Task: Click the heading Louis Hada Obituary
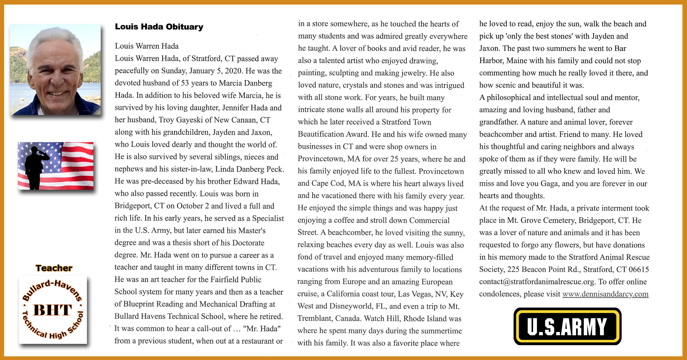click(x=159, y=27)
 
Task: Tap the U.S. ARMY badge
click(x=567, y=326)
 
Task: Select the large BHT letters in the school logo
click(x=52, y=310)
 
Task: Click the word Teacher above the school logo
click(x=54, y=268)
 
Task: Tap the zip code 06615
click(x=639, y=269)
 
